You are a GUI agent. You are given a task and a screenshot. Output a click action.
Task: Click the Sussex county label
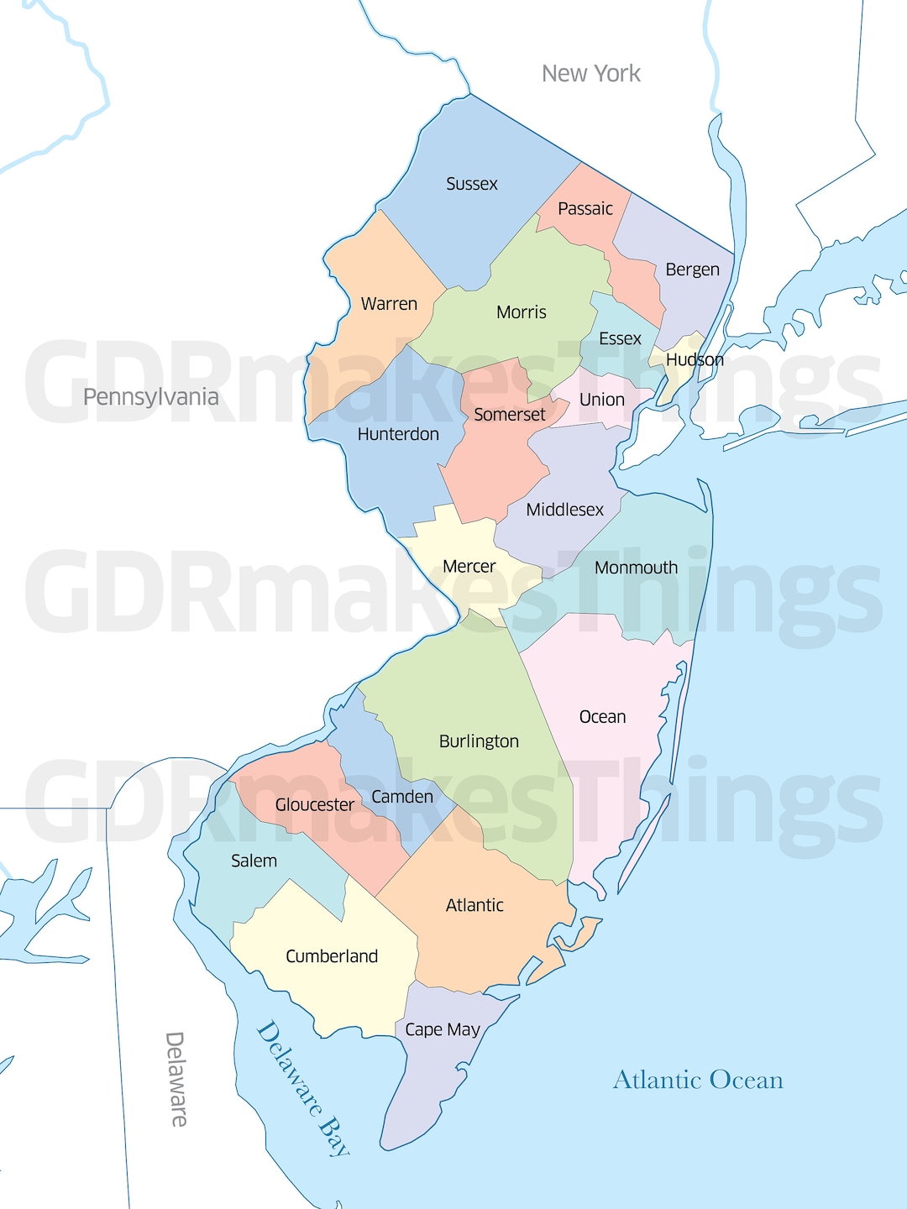tap(471, 184)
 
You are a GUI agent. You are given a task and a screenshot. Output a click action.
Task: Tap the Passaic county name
tap(585, 208)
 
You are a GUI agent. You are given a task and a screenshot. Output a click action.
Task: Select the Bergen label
tap(692, 270)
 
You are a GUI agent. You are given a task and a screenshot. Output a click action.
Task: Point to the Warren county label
tap(389, 304)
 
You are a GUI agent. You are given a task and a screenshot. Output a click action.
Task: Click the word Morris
tap(521, 312)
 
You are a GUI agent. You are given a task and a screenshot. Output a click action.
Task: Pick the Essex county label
tap(620, 338)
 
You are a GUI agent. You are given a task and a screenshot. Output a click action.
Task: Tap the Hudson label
tap(695, 359)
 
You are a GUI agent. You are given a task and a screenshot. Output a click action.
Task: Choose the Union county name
tap(601, 400)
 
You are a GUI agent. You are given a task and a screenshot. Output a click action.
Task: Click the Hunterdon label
tap(398, 434)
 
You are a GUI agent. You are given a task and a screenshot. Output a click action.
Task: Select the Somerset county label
tap(509, 415)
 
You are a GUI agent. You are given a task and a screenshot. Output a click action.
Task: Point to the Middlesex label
tap(564, 510)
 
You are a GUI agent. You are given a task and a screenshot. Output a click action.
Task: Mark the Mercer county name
tap(469, 567)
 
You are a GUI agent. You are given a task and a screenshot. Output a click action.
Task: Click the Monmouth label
tap(636, 568)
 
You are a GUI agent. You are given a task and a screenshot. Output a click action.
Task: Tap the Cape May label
tap(442, 1029)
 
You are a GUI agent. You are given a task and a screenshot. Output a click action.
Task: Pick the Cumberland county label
tap(332, 956)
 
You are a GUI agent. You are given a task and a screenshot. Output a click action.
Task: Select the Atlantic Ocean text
tap(698, 1080)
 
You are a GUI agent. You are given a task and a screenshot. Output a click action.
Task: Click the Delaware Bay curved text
tap(302, 1088)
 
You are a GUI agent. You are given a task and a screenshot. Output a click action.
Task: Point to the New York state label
tap(590, 74)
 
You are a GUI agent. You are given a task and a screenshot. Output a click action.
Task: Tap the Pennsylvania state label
tap(150, 396)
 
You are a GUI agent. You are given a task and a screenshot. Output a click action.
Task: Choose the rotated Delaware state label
tap(176, 1079)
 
